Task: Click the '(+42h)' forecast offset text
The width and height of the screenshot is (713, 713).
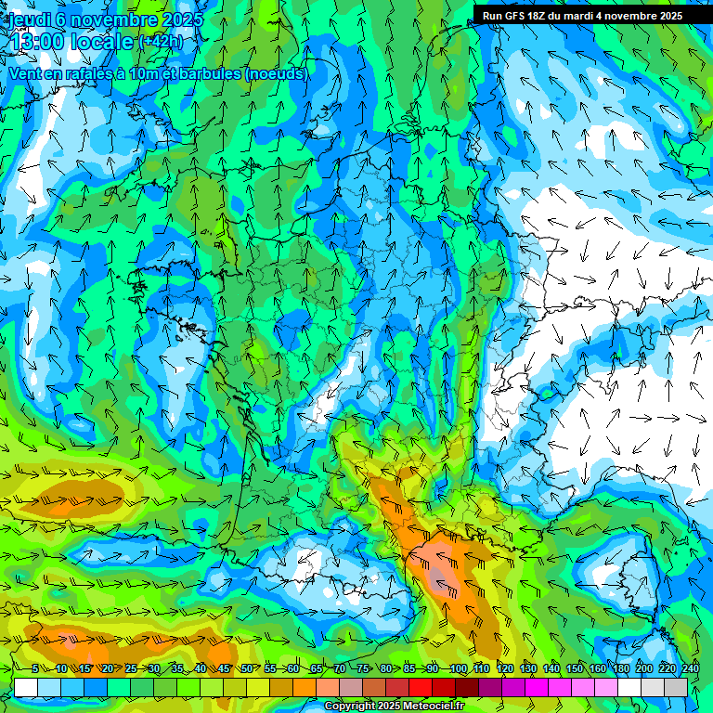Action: (x=161, y=42)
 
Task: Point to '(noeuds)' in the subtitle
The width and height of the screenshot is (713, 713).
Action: (x=276, y=73)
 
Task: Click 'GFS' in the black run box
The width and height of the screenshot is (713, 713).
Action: (x=516, y=16)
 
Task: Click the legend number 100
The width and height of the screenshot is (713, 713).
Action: (x=458, y=669)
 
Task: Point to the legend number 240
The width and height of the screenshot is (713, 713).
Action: (x=690, y=669)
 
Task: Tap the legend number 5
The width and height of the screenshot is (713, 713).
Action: (x=35, y=669)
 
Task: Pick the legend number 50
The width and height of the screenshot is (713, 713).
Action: (x=247, y=669)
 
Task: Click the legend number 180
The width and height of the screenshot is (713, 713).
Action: (x=619, y=669)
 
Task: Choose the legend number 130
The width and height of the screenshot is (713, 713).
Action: (x=527, y=669)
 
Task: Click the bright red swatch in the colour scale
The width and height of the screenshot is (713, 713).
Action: (x=421, y=687)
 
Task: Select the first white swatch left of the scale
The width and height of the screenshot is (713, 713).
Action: (x=26, y=687)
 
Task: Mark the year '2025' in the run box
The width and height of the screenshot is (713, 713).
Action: (x=668, y=16)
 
